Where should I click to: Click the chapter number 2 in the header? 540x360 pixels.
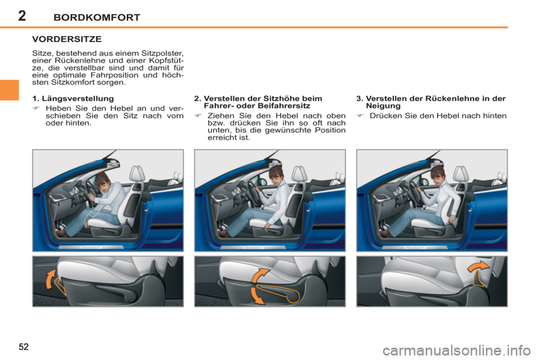tap(21, 16)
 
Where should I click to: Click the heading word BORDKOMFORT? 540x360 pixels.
tap(98, 17)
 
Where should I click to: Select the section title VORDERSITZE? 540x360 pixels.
tap(66, 40)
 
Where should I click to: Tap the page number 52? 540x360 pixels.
tap(23, 344)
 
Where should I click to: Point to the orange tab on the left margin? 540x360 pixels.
tap(10, 90)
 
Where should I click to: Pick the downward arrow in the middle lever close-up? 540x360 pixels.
tap(256, 296)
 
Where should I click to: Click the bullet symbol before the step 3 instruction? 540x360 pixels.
tap(359, 116)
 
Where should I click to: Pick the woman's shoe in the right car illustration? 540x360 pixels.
tap(385, 232)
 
